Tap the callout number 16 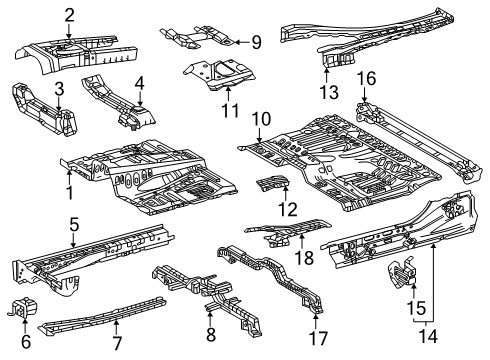click(x=367, y=78)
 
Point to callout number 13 click(x=328, y=93)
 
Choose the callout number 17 click(x=317, y=339)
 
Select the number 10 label click(x=261, y=119)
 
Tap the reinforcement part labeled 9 click(x=200, y=39)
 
